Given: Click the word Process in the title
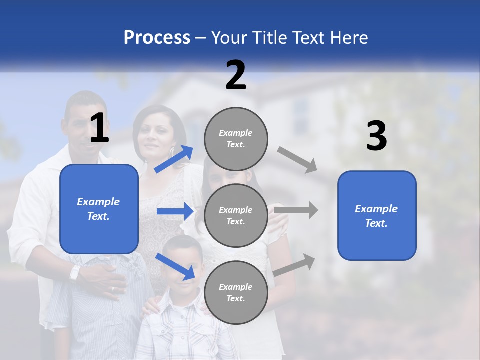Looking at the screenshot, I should [157, 38].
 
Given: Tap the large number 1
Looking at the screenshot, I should [99, 128].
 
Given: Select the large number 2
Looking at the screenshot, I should [236, 75].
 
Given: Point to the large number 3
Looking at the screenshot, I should [376, 136].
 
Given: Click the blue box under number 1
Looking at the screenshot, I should [99, 209].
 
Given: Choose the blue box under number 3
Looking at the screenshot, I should [377, 215].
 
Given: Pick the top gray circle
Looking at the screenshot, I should [236, 139].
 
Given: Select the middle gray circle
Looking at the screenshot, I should [236, 215].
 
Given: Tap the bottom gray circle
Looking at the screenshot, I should [236, 292].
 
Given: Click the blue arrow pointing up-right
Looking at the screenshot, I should [174, 159].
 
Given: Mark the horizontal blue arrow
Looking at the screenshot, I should [175, 211].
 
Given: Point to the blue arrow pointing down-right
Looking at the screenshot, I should [175, 266].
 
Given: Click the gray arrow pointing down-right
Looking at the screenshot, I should [297, 160].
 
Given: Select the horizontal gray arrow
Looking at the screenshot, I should [296, 210].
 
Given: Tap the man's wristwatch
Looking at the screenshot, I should [75, 272].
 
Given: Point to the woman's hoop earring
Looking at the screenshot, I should [172, 150].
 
